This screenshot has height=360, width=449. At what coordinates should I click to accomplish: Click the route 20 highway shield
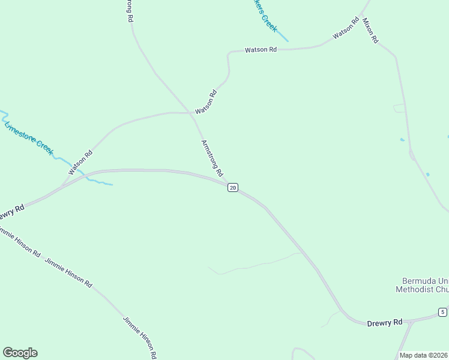(x=233, y=188)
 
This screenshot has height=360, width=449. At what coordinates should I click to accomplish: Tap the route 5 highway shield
(x=442, y=312)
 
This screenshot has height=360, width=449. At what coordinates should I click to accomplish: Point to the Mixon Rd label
(x=370, y=30)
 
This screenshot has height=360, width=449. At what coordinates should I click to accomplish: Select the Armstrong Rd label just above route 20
(x=212, y=158)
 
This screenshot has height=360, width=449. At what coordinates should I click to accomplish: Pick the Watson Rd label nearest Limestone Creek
(x=80, y=163)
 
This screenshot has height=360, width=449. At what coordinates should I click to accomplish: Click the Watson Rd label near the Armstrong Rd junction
(x=205, y=101)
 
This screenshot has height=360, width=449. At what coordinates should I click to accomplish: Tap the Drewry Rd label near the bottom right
(x=384, y=323)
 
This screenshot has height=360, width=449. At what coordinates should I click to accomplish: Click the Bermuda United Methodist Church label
(x=422, y=285)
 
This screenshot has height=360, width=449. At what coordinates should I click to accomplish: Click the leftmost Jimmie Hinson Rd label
(x=19, y=242)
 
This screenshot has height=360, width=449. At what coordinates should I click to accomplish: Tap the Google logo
(x=20, y=353)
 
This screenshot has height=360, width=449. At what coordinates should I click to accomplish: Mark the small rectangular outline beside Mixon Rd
(x=399, y=109)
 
